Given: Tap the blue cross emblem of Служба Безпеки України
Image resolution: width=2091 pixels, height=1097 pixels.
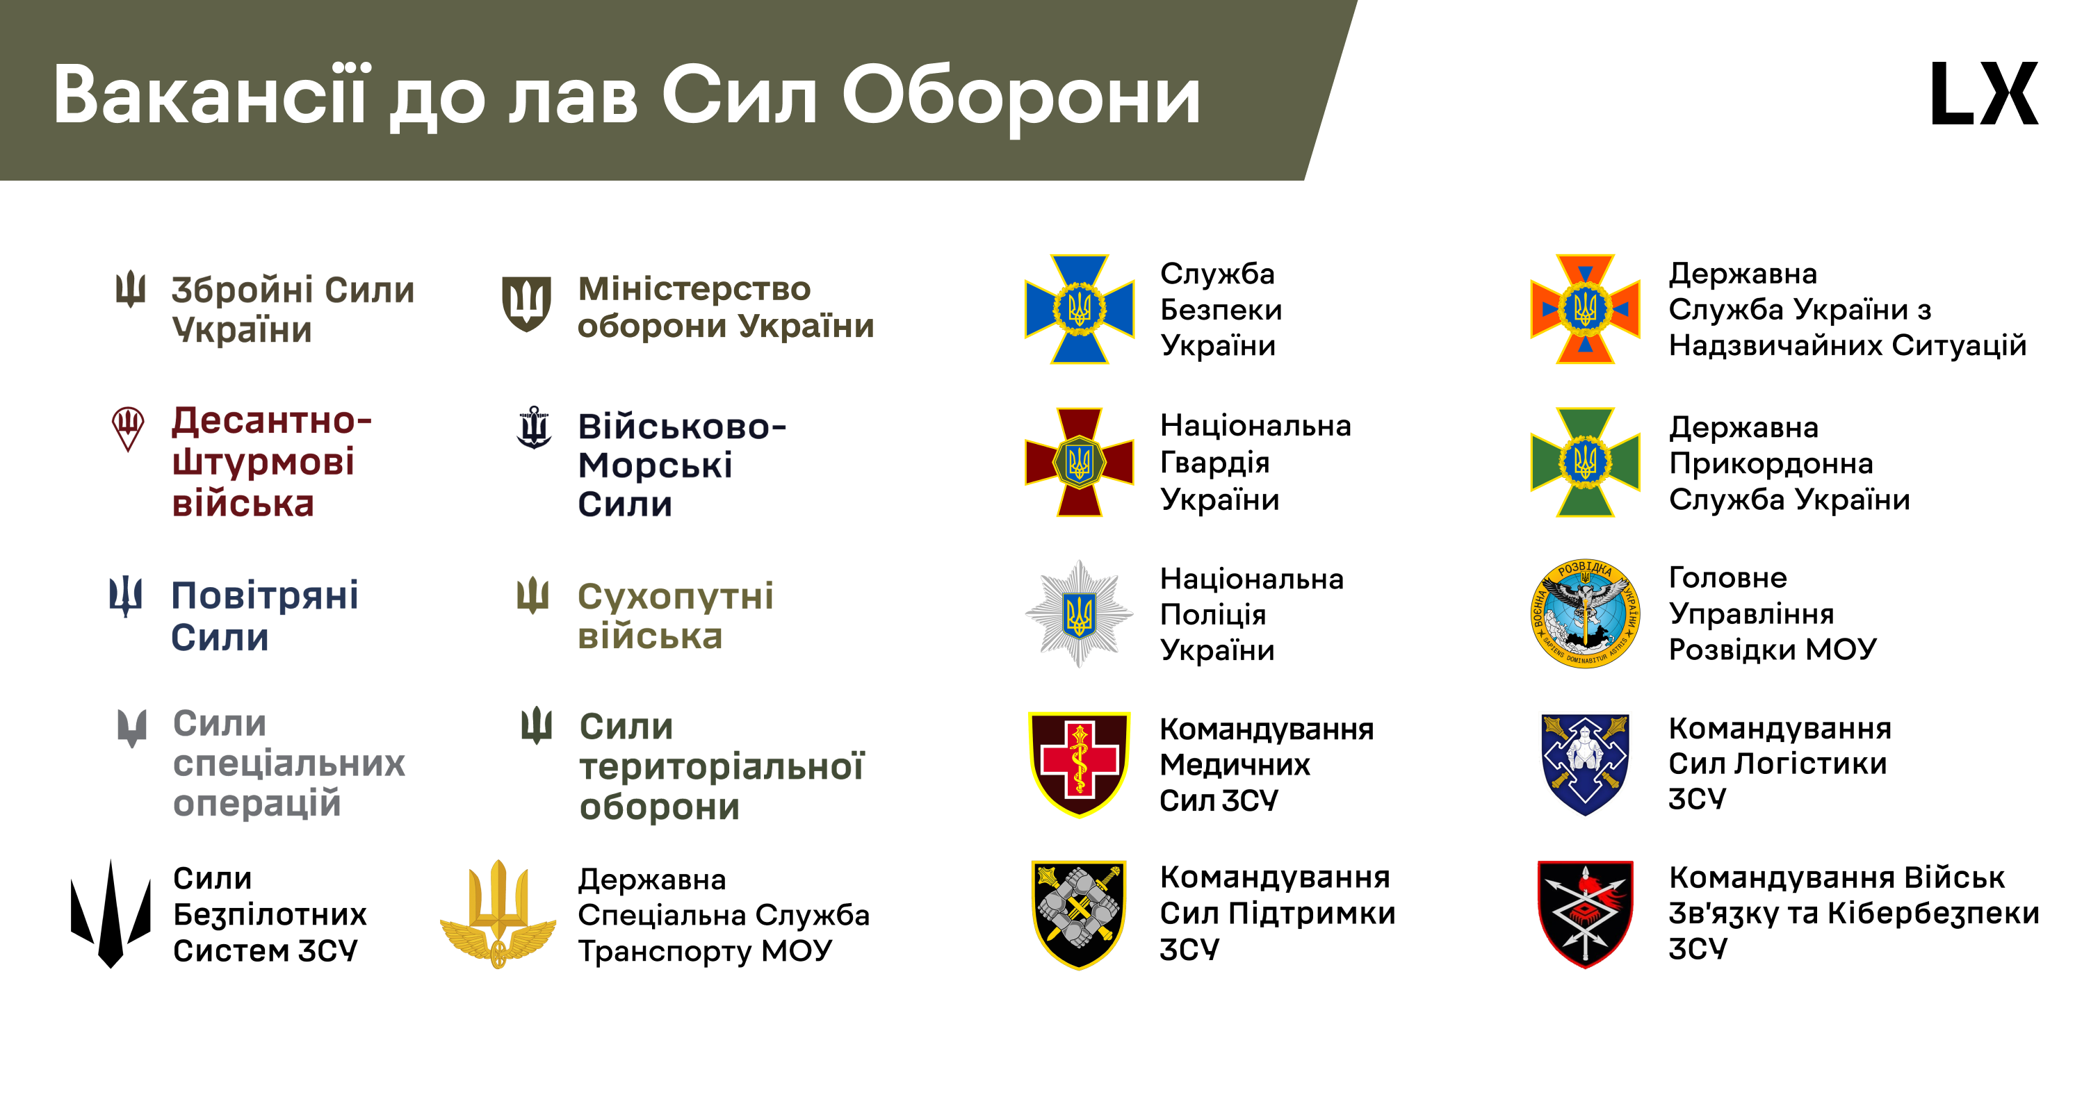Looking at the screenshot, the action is (1079, 309).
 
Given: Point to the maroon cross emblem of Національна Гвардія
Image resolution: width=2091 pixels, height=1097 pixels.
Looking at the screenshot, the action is (1079, 463).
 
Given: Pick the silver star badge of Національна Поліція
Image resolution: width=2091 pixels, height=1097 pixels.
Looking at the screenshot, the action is (1079, 614).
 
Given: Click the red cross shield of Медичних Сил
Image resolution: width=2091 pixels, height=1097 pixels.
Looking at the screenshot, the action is (1079, 764).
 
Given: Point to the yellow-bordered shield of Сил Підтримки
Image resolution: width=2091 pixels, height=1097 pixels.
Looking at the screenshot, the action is (1079, 914).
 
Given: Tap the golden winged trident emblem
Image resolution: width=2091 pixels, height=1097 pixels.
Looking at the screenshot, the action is (498, 914).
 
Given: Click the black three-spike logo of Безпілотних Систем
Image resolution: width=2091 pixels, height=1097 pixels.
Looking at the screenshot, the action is (111, 914).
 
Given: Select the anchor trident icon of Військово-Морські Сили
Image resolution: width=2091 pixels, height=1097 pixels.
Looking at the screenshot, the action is (534, 427).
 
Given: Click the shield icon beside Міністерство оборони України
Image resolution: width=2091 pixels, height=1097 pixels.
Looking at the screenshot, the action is (526, 304).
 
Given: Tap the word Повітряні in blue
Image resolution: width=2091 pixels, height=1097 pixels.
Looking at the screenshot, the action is (265, 596).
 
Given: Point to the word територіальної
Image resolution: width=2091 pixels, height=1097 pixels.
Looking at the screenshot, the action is (722, 766).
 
